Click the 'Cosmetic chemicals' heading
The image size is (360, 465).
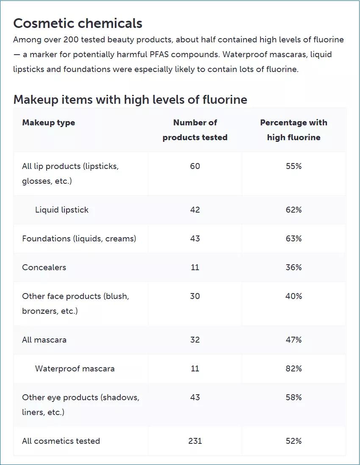tap(78, 23)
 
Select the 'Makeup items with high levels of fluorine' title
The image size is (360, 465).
tap(130, 100)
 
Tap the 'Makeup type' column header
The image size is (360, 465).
tap(48, 123)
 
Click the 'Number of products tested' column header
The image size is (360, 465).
tap(195, 130)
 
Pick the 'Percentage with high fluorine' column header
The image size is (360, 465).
tap(294, 130)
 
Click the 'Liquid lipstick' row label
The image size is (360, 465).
tap(62, 210)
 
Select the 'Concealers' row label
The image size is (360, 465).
tap(44, 268)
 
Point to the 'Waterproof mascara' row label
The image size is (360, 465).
tap(75, 369)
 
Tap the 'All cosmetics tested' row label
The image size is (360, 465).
tap(61, 441)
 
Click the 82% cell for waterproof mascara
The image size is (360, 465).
tap(294, 369)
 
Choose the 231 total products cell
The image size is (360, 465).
tap(195, 441)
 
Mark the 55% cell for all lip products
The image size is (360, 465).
tap(294, 166)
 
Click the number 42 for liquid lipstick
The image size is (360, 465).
tap(195, 210)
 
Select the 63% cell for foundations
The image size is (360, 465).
tap(294, 239)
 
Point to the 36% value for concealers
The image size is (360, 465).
tap(294, 268)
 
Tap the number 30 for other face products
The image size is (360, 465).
tap(195, 296)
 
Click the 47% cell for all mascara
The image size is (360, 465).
tap(294, 340)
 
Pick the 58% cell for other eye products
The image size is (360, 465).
tap(294, 398)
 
